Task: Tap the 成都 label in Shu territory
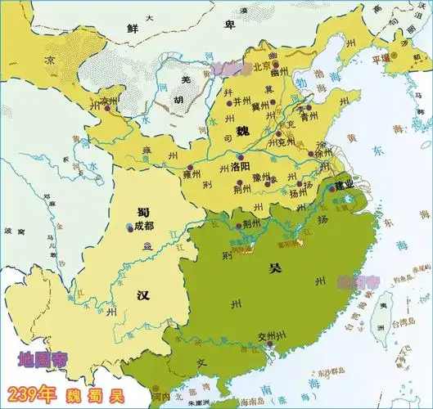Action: [x=143, y=226]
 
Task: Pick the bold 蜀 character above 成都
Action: [x=142, y=210]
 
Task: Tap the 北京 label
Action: [x=261, y=66]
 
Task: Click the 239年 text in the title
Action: [x=31, y=392]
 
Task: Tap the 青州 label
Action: [x=310, y=116]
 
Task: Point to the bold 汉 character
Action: [x=142, y=294]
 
